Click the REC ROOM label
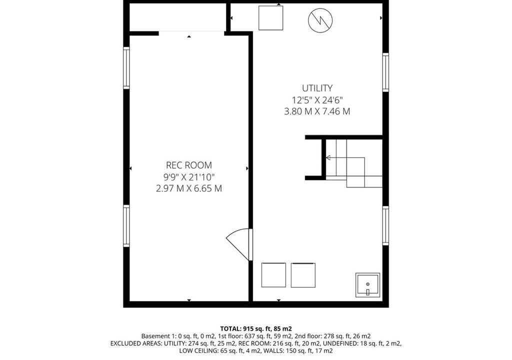point(188,165)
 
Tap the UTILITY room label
point(317,88)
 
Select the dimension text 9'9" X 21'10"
point(188,177)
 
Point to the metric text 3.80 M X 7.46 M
point(317,111)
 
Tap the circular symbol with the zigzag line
point(320,20)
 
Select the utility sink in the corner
point(367,285)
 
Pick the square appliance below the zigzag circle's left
point(270,18)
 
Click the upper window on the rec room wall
point(126,68)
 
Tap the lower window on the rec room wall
point(126,225)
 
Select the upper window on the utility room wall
point(385,72)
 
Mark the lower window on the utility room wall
point(385,225)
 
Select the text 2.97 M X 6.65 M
point(188,189)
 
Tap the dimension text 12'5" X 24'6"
point(317,100)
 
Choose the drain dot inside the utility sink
point(367,284)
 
